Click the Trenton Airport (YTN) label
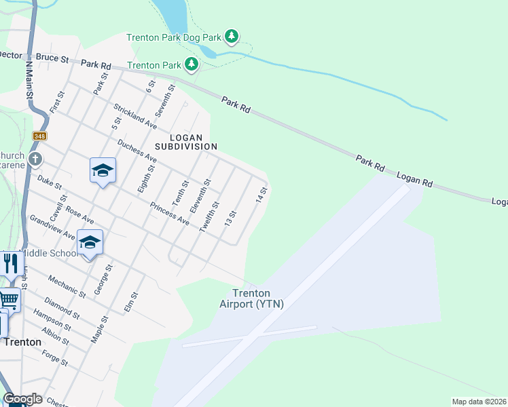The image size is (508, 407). [251, 298]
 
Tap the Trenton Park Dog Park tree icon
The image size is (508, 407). [232, 35]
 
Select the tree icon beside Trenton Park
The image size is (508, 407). [192, 64]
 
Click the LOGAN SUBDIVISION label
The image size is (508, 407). [185, 141]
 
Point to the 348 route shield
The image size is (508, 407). [39, 137]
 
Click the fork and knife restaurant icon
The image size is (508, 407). [10, 263]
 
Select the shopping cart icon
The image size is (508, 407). [9, 298]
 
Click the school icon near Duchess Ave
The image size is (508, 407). [103, 170]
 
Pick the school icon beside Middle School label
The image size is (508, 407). [90, 242]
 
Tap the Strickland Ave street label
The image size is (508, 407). [135, 117]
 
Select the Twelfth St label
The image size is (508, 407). [210, 218]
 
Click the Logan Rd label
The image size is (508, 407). [414, 180]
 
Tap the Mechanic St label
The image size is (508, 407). [68, 286]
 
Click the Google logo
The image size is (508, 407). [22, 399]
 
